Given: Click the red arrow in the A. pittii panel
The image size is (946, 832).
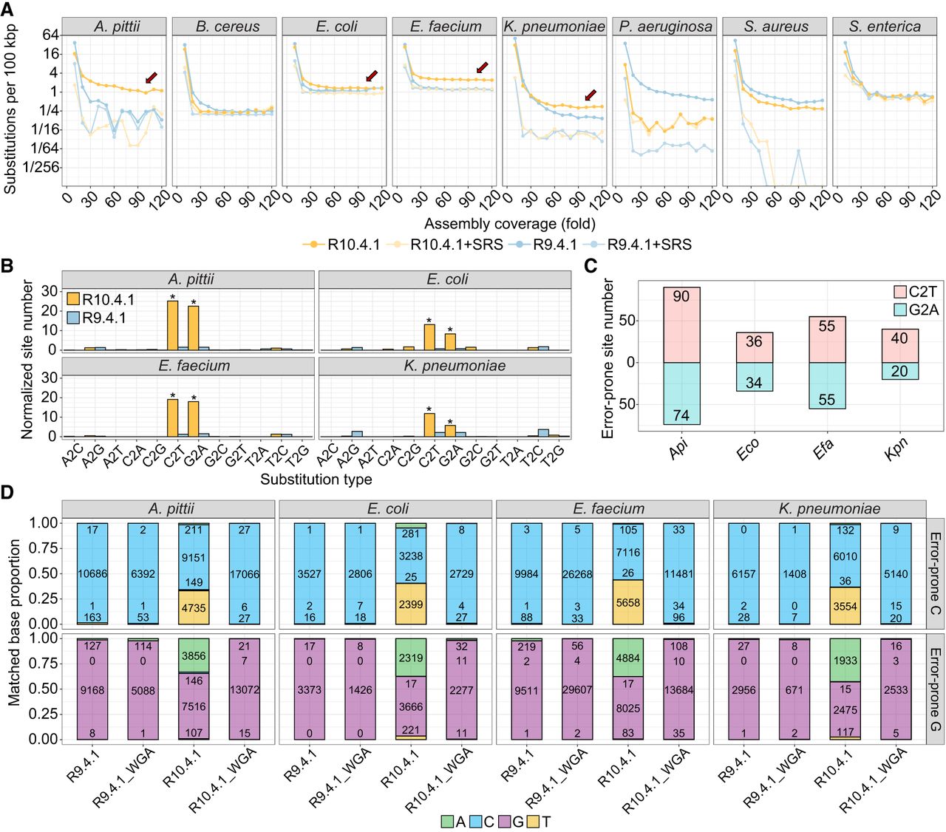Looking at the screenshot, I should [x=151, y=78].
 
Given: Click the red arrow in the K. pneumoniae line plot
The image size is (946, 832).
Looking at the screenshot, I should [x=590, y=95].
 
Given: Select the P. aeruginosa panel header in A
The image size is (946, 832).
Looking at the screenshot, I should [x=665, y=27].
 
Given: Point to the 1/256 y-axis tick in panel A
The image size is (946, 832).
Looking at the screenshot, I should [x=41, y=167].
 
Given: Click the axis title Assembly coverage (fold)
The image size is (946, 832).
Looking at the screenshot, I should [x=509, y=223].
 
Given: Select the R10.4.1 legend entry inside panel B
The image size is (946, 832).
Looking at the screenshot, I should [x=101, y=299].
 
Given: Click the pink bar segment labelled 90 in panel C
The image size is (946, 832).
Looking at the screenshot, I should [x=681, y=324].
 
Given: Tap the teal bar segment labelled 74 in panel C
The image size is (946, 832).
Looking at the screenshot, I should [x=681, y=393].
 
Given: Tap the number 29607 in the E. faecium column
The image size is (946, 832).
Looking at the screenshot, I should [x=577, y=690].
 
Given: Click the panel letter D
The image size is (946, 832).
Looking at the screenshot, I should [x=8, y=492].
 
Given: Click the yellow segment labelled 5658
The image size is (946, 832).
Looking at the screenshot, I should [x=627, y=602].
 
